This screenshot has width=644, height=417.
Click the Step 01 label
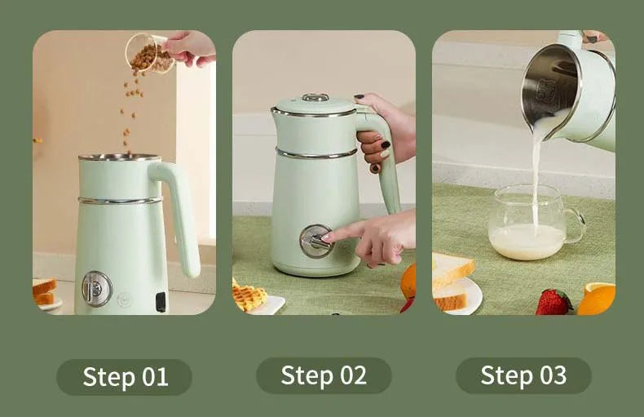(x=124, y=377)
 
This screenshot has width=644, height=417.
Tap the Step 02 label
(x=324, y=375)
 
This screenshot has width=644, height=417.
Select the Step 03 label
(x=523, y=375)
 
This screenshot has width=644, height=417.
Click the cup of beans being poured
(x=147, y=53)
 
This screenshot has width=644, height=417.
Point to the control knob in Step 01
(x=96, y=288)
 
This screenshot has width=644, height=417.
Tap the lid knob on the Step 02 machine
(x=315, y=98)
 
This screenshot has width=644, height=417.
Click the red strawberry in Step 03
(x=554, y=302)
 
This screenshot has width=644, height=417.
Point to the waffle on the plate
(x=248, y=295)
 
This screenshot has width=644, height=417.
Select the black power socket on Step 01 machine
(x=161, y=301)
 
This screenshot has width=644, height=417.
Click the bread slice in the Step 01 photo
(x=44, y=291)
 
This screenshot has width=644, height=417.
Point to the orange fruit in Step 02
(x=408, y=282)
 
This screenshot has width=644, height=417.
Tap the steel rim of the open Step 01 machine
(x=120, y=157)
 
